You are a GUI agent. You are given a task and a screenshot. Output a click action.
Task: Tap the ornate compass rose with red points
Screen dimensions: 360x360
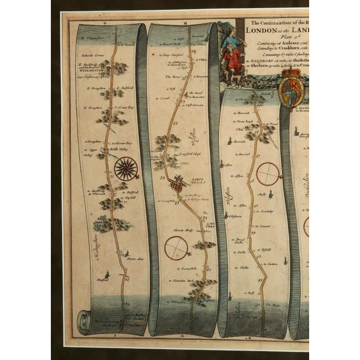[126, 169]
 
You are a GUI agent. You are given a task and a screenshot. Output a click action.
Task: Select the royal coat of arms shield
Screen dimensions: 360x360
[291, 92]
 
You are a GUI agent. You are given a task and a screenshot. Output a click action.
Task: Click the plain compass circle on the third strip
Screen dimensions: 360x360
[268, 174]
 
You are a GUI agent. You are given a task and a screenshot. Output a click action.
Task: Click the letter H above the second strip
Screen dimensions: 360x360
[185, 22]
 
